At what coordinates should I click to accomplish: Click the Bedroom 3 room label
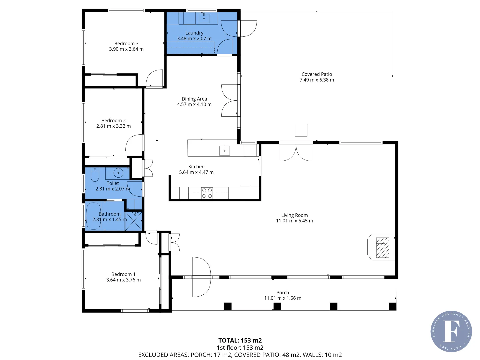126,44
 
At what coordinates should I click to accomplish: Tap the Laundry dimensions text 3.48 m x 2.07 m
194,39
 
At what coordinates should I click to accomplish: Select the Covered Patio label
317,74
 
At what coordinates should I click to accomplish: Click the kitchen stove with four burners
207,193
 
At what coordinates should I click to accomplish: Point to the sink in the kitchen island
224,150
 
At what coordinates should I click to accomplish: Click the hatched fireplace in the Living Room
383,247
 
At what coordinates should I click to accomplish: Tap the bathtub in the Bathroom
93,216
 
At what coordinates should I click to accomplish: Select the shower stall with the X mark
134,221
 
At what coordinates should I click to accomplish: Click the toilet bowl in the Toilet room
95,174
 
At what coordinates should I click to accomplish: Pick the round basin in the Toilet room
118,173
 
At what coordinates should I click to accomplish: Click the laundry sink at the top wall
204,18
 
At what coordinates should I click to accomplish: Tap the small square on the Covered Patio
301,130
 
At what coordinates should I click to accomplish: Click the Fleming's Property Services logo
451,331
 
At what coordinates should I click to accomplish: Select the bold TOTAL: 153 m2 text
240,340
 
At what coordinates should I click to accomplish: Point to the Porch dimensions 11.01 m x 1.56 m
283,298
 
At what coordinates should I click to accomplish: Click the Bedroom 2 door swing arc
134,143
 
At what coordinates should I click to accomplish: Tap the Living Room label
294,215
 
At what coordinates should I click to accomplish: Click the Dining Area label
194,99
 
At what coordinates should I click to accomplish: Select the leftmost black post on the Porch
228,306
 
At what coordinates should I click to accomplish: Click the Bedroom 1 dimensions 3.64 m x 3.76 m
123,280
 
